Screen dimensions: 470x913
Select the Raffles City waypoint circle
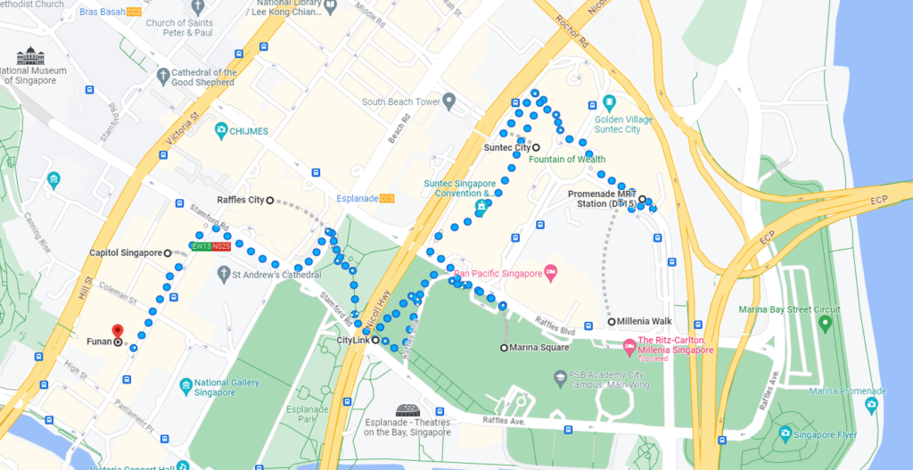point(270,201)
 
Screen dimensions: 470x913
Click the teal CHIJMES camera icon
point(220,131)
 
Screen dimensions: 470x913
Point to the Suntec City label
point(506,148)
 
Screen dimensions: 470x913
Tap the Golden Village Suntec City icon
point(609,103)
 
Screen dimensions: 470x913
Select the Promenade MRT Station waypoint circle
point(643,199)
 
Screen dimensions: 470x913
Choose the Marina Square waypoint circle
point(505,348)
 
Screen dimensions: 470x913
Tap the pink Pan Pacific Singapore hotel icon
point(551,271)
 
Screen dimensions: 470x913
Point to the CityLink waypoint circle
point(375,341)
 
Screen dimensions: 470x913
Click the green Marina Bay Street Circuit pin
point(825,322)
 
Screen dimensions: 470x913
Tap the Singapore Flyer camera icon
point(785,433)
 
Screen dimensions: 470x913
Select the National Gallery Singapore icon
point(185,386)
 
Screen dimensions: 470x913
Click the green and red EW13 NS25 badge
point(210,246)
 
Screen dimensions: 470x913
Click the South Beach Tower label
point(400,103)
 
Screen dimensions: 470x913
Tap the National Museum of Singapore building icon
point(30,55)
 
